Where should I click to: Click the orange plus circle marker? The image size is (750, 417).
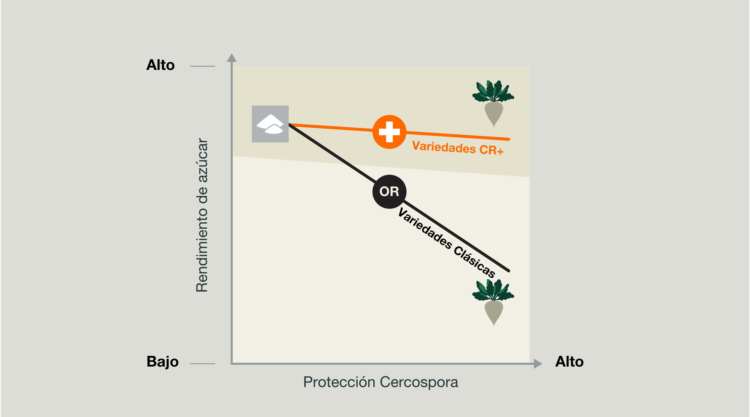(x=389, y=132)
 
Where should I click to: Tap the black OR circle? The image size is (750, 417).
(x=389, y=192)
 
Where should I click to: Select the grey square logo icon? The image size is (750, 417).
(x=270, y=124)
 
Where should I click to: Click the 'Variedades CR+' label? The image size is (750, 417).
(x=458, y=148)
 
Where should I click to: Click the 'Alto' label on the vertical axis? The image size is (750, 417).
(x=160, y=65)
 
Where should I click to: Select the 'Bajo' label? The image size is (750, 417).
(x=162, y=362)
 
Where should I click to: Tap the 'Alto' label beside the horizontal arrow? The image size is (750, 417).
(x=569, y=362)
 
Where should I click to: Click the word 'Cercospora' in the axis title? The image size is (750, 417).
(x=419, y=382)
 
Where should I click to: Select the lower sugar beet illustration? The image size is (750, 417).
(x=493, y=302)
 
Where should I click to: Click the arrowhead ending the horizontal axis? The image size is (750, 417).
(x=538, y=364)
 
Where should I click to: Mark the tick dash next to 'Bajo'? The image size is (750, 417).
(x=202, y=364)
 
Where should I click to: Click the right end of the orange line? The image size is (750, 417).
(x=509, y=139)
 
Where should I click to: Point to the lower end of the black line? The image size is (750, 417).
(x=509, y=271)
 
